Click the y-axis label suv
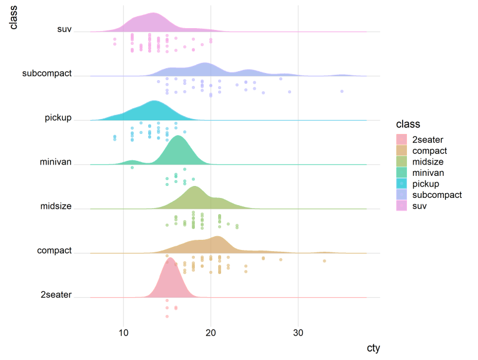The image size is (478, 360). [x=64, y=29]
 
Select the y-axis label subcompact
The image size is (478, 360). [x=47, y=74]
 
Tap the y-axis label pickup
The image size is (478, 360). [x=58, y=118]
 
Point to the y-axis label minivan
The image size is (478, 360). [x=56, y=162]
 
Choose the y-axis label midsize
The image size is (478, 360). [x=56, y=206]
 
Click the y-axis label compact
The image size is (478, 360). [x=54, y=251]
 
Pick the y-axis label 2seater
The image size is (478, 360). [x=56, y=295]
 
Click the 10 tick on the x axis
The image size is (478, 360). [x=123, y=333]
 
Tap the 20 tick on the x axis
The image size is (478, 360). [x=211, y=333]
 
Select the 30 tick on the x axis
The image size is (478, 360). [x=299, y=333]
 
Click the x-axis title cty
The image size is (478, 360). [x=373, y=348]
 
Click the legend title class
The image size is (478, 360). [x=407, y=124]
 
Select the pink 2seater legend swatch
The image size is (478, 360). [x=402, y=140]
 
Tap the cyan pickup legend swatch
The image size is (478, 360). [x=402, y=184]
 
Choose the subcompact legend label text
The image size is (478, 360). [x=437, y=195]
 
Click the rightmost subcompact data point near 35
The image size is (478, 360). [x=342, y=91]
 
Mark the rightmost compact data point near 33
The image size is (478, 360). [x=324, y=261]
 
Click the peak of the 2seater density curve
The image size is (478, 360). [x=170, y=258]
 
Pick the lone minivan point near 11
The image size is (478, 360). [x=132, y=167]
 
